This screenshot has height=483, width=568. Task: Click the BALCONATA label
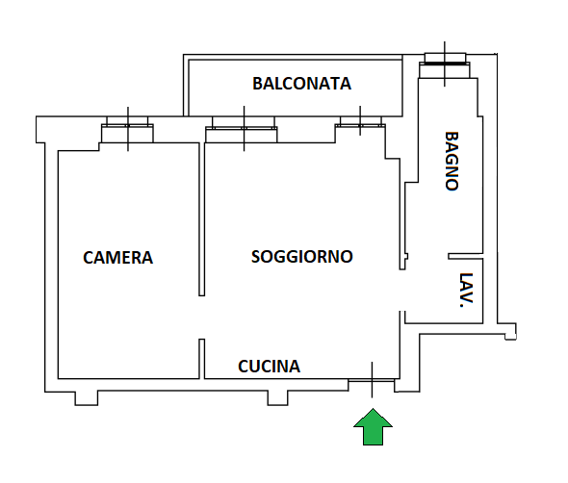pyautogui.click(x=301, y=84)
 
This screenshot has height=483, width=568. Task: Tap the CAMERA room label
pyautogui.click(x=118, y=258)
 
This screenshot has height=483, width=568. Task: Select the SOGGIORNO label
pyautogui.click(x=301, y=257)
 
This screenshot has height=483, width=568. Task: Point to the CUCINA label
pyautogui.click(x=270, y=367)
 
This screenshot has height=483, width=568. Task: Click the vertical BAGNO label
pyautogui.click(x=452, y=161)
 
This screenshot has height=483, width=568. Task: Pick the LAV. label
pyautogui.click(x=466, y=291)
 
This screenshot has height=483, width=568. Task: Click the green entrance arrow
pyautogui.click(x=373, y=426)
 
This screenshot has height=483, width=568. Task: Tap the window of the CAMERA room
pyautogui.click(x=127, y=129)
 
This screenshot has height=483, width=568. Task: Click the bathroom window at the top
pyautogui.click(x=445, y=65)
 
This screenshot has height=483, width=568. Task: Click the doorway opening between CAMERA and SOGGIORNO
pyautogui.click(x=202, y=318)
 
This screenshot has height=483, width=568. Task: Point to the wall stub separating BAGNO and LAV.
pyautogui.click(x=466, y=256)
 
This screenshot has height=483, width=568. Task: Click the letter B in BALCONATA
pyautogui.click(x=258, y=84)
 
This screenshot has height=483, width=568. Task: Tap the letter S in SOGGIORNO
pyautogui.click(x=256, y=257)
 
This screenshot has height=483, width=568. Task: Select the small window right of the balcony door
pyautogui.click(x=360, y=125)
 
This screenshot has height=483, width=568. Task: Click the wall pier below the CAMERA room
pyautogui.click(x=87, y=398)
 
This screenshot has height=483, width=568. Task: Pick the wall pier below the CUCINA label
pyautogui.click(x=278, y=398)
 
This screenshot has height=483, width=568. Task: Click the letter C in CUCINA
pyautogui.click(x=243, y=367)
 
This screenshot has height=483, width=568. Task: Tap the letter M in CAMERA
pyautogui.click(x=112, y=258)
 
